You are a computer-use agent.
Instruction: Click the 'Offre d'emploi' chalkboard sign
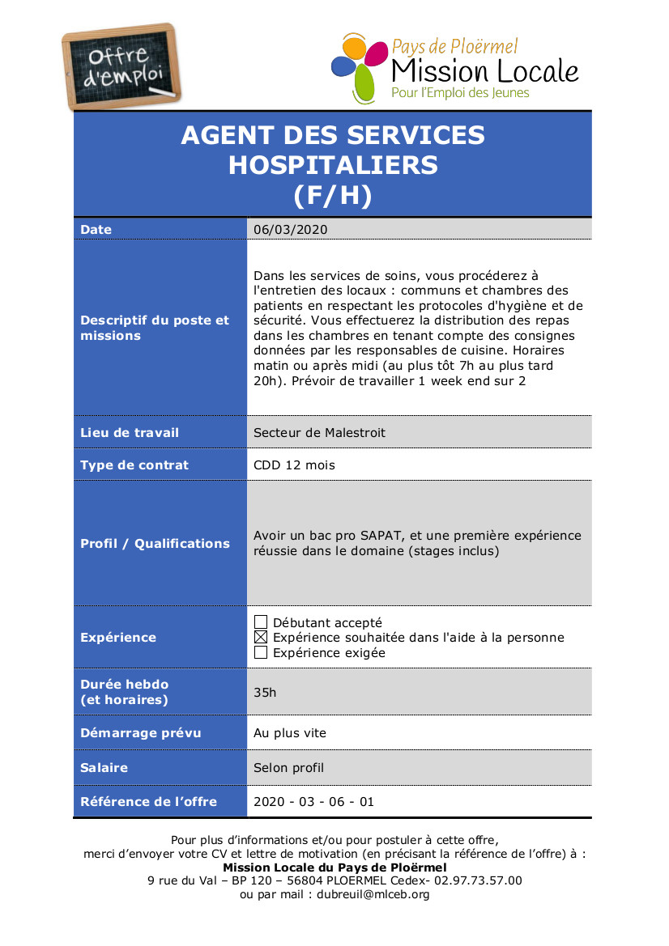(x=121, y=67)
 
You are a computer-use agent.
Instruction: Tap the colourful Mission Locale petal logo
(x=358, y=66)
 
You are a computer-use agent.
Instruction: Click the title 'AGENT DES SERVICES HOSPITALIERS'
(x=332, y=150)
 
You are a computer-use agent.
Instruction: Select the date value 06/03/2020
(x=290, y=230)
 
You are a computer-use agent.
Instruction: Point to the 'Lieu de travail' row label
(x=130, y=433)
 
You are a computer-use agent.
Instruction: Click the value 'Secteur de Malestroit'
(x=319, y=433)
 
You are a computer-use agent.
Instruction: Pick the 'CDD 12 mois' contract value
(x=294, y=465)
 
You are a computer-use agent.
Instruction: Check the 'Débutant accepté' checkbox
(x=261, y=622)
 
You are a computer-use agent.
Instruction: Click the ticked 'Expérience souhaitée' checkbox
(x=261, y=638)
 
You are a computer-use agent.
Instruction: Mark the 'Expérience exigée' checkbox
(x=261, y=652)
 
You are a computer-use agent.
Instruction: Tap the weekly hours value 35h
(x=265, y=693)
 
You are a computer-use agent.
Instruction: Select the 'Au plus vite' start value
(x=290, y=733)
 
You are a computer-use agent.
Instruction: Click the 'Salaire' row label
(x=104, y=767)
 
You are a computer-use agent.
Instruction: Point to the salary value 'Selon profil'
(x=288, y=767)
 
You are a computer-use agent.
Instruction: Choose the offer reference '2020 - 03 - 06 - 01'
(x=314, y=802)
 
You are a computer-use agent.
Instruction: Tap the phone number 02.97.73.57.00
(x=478, y=880)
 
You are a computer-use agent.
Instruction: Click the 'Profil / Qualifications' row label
(x=155, y=544)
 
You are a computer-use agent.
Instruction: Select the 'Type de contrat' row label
(x=134, y=465)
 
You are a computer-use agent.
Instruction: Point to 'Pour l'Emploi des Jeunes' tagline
(x=460, y=93)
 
